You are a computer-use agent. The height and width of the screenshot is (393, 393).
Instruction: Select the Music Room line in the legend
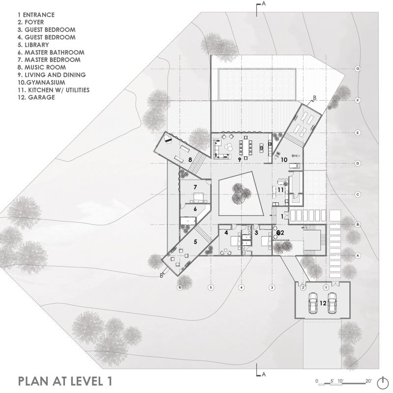[34, 67]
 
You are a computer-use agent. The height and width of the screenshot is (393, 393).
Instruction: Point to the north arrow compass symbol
[382, 382]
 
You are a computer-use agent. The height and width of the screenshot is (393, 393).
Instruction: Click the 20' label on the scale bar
[369, 381]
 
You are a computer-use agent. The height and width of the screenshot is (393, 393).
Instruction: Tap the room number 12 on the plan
[322, 304]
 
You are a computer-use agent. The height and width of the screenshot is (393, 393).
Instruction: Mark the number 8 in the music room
[189, 159]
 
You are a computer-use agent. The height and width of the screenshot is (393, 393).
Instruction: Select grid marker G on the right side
[358, 69]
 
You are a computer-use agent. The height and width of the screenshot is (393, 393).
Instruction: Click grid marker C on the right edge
[358, 195]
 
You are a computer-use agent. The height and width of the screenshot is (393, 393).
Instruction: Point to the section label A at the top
[264, 4]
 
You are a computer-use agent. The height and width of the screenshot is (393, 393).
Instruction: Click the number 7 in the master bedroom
[195, 187]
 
